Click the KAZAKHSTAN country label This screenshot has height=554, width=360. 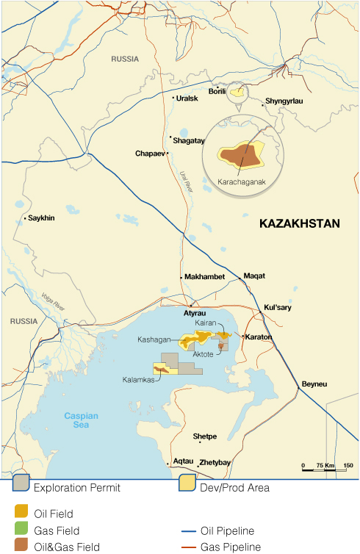coord(300,224)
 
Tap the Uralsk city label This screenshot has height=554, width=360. coord(186,98)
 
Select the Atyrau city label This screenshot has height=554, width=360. coord(195,313)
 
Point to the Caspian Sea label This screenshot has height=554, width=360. coord(81,420)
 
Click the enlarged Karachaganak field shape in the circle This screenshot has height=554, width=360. coord(240,155)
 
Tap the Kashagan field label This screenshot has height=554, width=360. coord(154,340)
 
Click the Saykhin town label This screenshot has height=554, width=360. coord(42,218)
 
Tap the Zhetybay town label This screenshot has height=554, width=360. coord(215,463)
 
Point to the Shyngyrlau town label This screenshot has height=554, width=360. coord(284,101)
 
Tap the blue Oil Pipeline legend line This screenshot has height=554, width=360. coord(190,530)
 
